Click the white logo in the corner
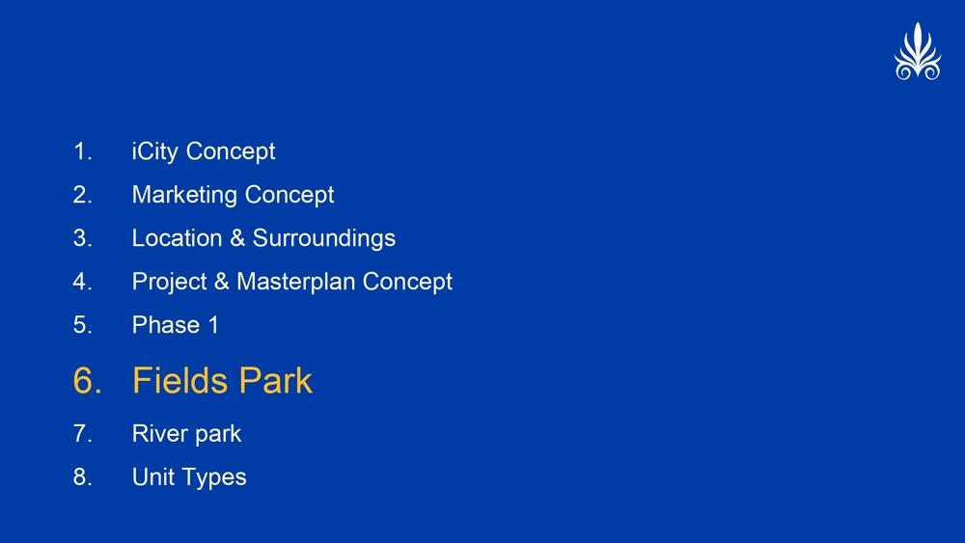pyautogui.click(x=918, y=52)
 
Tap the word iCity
pyautogui.click(x=155, y=151)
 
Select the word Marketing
pyautogui.click(x=184, y=194)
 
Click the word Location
pyautogui.click(x=178, y=238)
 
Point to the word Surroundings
pyautogui.click(x=323, y=239)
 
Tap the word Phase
pyautogui.click(x=166, y=325)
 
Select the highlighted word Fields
pyautogui.click(x=179, y=380)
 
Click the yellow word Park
pyautogui.click(x=276, y=380)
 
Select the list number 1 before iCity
pyautogui.click(x=82, y=151)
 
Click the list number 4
pyautogui.click(x=82, y=282)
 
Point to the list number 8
pyautogui.click(x=82, y=476)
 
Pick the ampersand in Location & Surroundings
pyautogui.click(x=237, y=238)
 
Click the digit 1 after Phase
pyautogui.click(x=213, y=325)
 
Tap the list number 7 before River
pyautogui.click(x=82, y=434)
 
